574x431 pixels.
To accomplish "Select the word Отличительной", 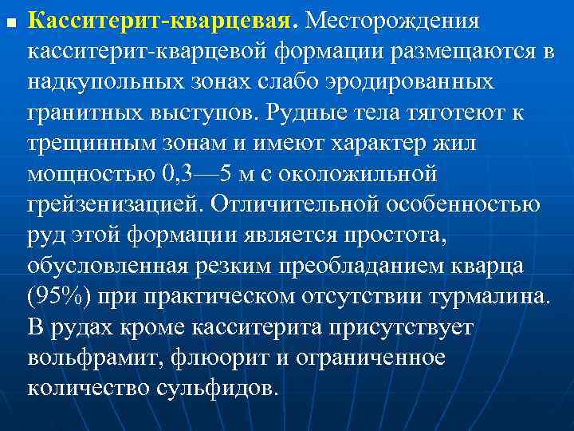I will click(292, 204).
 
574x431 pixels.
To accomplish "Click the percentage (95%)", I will click(59, 296).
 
